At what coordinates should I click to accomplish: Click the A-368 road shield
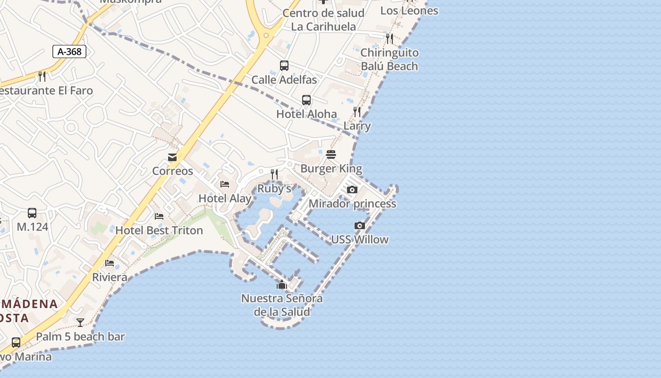point(69,52)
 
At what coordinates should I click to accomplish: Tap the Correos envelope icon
point(172,157)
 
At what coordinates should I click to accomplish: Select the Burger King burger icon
point(331,155)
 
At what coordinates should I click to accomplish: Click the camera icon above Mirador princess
point(352,190)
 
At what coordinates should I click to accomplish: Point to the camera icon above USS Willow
point(360,226)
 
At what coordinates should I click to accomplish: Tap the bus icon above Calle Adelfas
point(284,66)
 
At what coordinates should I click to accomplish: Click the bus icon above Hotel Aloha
point(306,100)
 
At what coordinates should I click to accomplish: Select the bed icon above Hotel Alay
point(225,184)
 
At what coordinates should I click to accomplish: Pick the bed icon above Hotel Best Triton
point(159,216)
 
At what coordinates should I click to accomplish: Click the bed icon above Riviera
point(110,263)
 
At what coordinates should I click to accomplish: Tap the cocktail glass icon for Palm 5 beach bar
point(80,323)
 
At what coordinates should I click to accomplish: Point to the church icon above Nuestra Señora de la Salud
point(282,284)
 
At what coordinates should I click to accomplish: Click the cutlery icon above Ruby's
point(274,175)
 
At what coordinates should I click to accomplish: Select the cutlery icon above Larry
point(357,112)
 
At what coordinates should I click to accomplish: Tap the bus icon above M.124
point(32,213)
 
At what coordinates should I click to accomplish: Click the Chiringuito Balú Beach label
point(390,60)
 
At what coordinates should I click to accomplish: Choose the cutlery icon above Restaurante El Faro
point(42,76)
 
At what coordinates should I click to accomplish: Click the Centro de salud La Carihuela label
point(323,20)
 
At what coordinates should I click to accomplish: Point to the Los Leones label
point(409,10)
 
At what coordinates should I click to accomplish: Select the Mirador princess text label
point(352,204)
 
